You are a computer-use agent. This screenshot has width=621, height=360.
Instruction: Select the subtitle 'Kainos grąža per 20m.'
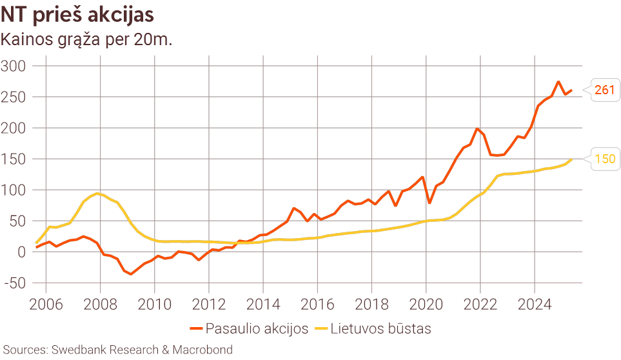(x=86, y=39)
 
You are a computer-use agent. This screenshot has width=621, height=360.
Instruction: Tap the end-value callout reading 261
(x=604, y=90)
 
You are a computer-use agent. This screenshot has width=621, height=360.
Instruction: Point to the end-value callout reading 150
(x=604, y=159)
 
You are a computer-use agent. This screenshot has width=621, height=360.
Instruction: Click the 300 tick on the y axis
(x=13, y=66)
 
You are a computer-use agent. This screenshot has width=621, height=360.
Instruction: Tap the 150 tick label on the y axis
(x=13, y=159)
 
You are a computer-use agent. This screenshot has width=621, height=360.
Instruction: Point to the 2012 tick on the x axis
(x=208, y=304)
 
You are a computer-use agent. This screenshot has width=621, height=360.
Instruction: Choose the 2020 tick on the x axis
(x=426, y=304)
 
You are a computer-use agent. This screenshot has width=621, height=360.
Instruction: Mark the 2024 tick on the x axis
(x=534, y=304)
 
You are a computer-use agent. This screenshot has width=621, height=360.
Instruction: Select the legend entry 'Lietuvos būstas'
(x=380, y=328)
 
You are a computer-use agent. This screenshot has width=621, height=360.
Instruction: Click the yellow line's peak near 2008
(x=97, y=193)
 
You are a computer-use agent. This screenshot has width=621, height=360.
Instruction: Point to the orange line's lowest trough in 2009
(x=131, y=274)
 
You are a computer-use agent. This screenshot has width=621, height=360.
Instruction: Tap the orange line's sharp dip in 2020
(x=429, y=203)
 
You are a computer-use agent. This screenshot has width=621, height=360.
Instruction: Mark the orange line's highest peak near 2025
(x=558, y=82)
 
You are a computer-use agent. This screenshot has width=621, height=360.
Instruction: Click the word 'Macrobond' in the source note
(x=203, y=350)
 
